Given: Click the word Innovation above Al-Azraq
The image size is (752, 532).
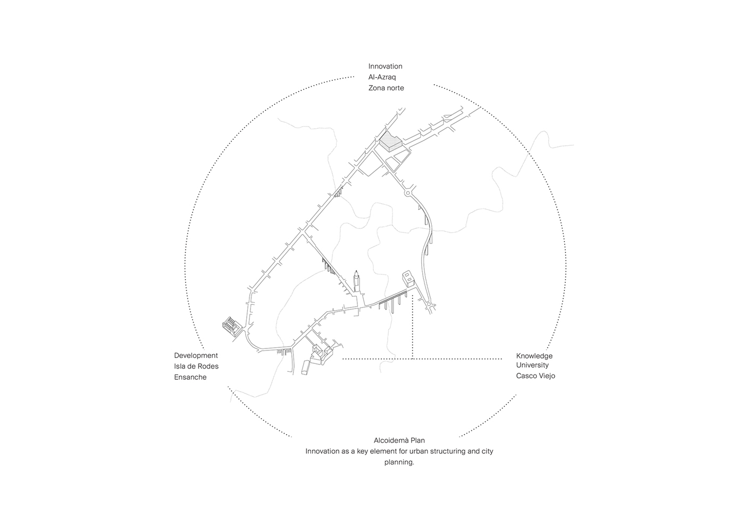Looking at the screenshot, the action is pyautogui.click(x=385, y=66).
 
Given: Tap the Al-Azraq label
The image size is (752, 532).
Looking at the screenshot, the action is pyautogui.click(x=382, y=77).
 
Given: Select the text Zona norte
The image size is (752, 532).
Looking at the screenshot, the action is pyautogui.click(x=386, y=88).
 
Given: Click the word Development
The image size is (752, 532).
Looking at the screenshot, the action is pyautogui.click(x=196, y=355).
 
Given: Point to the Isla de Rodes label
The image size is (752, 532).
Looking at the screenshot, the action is pyautogui.click(x=196, y=366).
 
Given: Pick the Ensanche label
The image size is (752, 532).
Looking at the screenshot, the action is pyautogui.click(x=190, y=377).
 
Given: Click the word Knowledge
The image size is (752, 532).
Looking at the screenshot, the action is pyautogui.click(x=534, y=356).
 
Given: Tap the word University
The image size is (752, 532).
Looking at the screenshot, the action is pyautogui.click(x=532, y=365).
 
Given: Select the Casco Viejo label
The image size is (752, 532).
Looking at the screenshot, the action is pyautogui.click(x=536, y=376).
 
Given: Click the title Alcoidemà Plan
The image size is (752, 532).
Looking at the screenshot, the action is pyautogui.click(x=399, y=440).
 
